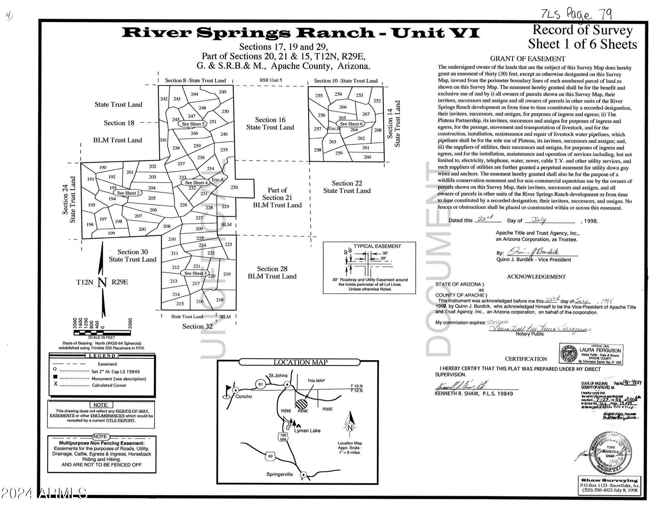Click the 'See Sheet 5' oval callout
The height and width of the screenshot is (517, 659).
[x=193, y=124]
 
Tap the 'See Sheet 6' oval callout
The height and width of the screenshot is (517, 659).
[x=351, y=124]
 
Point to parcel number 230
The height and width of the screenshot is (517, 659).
[x=234, y=188]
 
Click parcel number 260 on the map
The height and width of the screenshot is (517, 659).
[x=367, y=157]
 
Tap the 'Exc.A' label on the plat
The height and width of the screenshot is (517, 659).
[x=217, y=179]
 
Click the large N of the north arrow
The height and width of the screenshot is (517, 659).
[x=102, y=282]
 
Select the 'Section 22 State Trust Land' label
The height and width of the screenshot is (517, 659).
[x=347, y=187]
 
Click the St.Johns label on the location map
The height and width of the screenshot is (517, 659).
[x=278, y=376]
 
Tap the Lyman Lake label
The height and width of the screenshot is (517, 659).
[x=307, y=431]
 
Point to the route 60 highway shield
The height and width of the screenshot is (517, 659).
[x=270, y=456]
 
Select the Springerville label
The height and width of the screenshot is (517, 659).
[x=279, y=474]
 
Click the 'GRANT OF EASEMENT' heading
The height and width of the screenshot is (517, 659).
[x=527, y=59]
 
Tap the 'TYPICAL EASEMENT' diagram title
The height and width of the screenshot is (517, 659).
[x=377, y=246]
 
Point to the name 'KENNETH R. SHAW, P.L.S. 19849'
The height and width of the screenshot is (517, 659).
[x=474, y=394]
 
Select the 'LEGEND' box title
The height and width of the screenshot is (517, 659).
[x=102, y=356]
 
